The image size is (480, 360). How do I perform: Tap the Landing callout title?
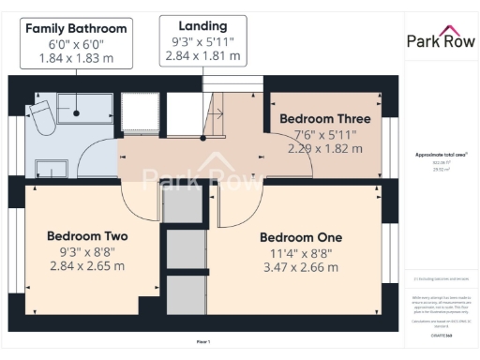point(203,25)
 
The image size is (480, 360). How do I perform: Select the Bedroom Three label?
point(325,119)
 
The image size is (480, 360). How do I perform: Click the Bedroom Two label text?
point(87,235)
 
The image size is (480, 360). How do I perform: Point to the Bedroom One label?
point(301,236)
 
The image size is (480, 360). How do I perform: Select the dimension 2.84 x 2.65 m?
point(87,265)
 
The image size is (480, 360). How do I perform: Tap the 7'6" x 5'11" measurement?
point(325,134)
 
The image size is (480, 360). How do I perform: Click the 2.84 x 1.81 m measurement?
point(203,55)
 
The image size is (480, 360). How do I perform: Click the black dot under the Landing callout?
point(203,139)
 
